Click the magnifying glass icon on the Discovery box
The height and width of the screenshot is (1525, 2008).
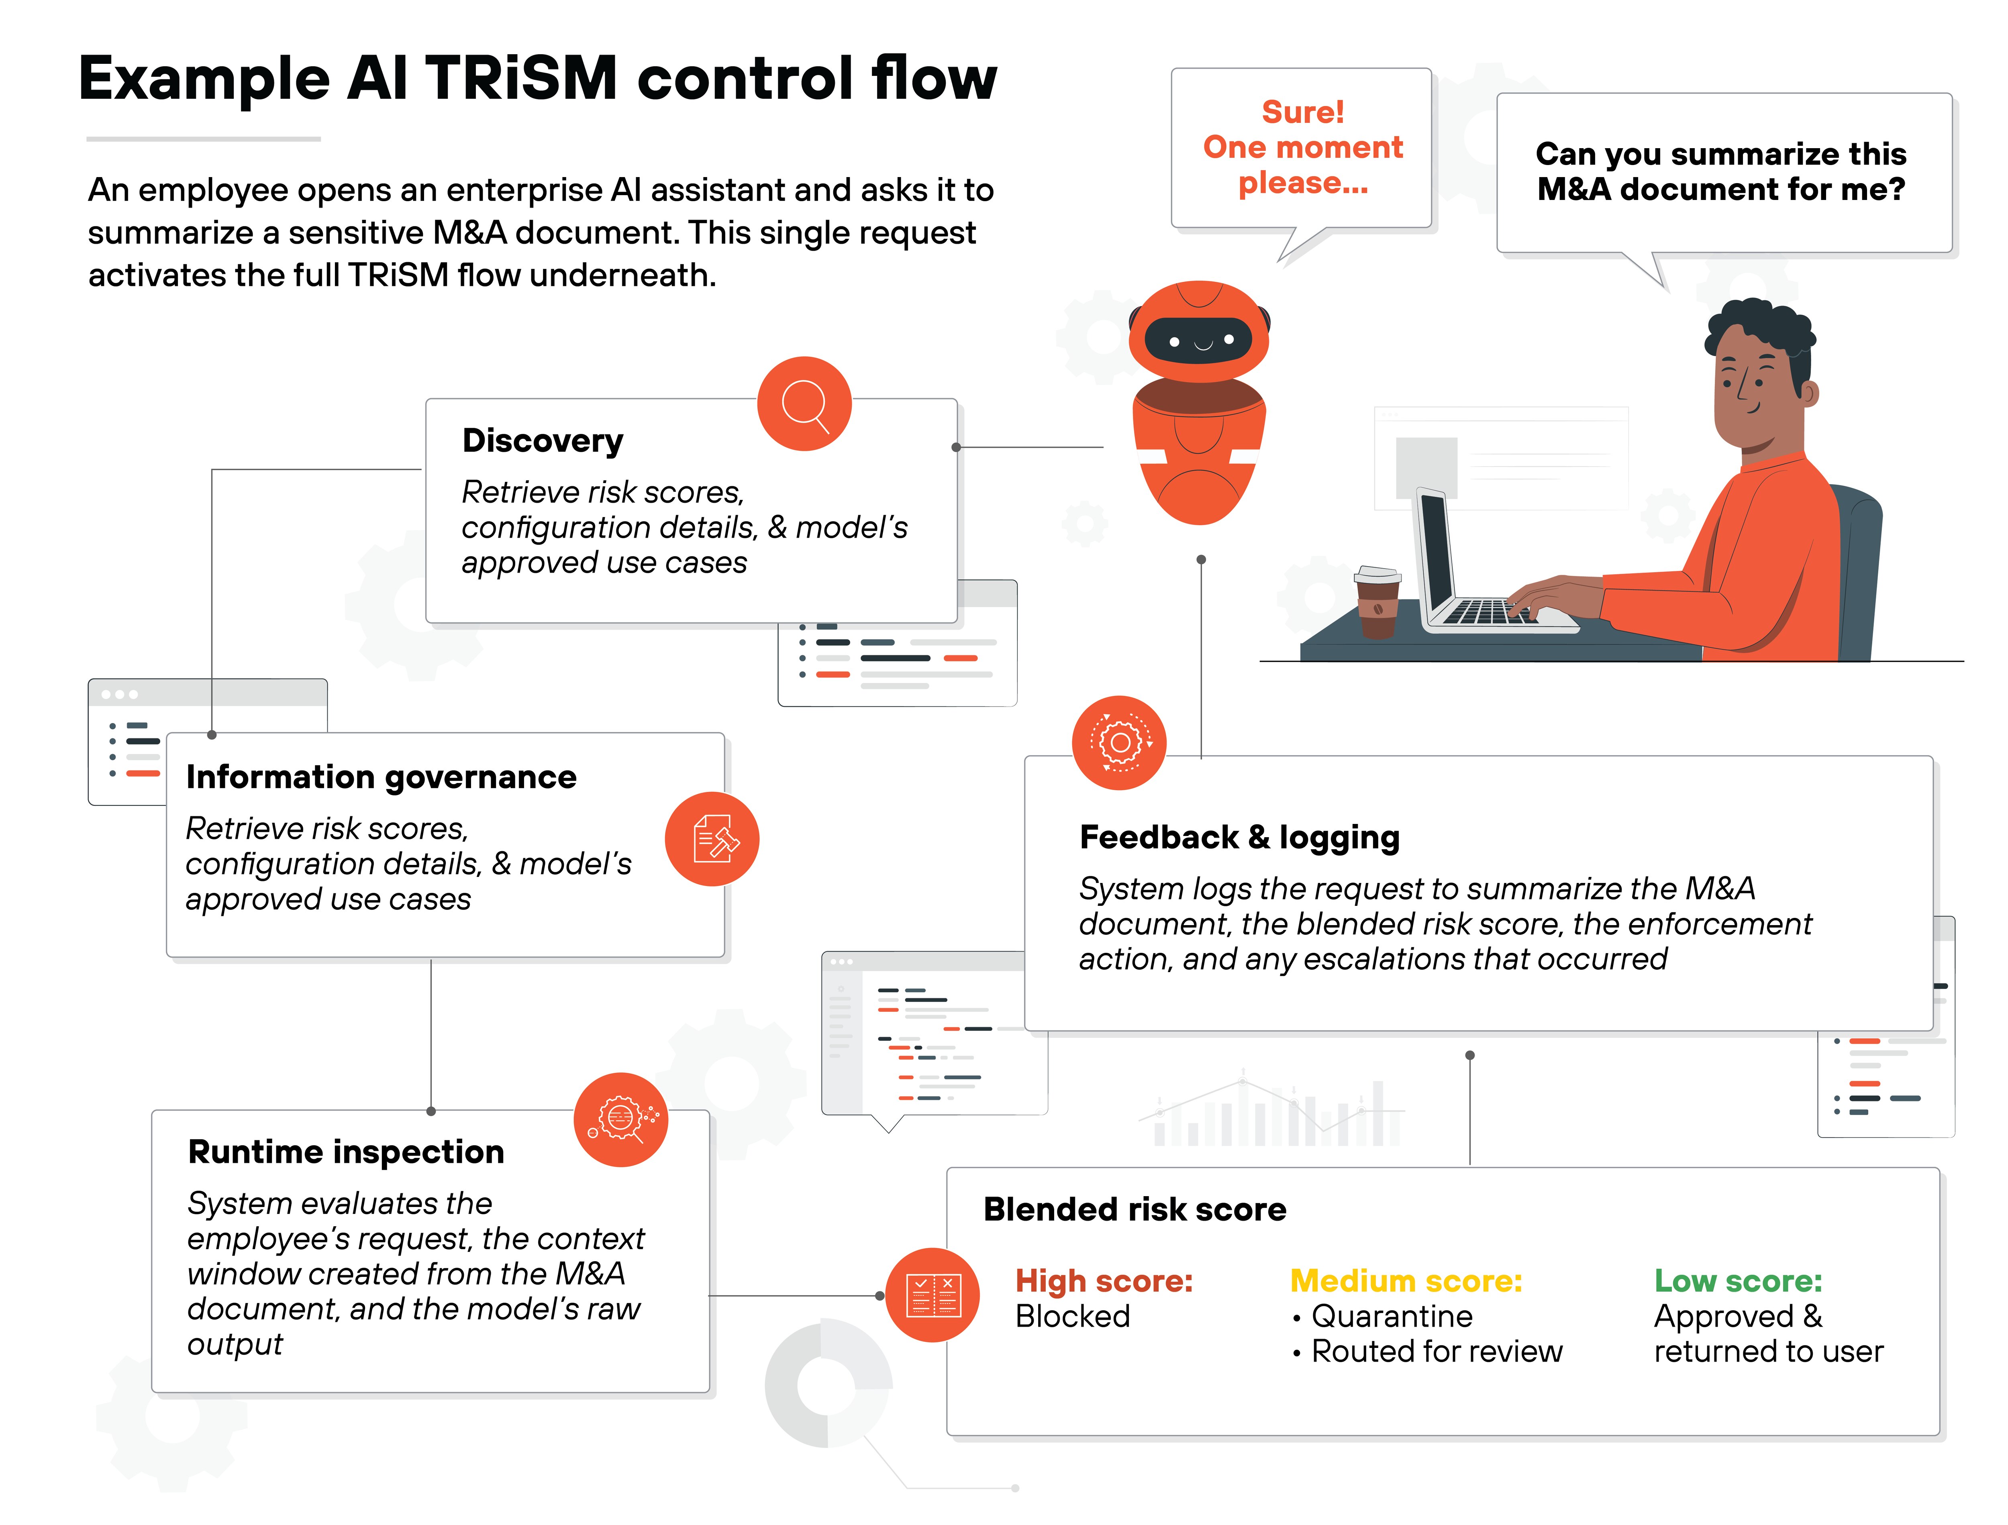click(804, 404)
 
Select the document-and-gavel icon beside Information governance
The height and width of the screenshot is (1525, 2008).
click(712, 839)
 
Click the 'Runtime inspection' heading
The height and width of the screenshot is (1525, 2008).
click(346, 1152)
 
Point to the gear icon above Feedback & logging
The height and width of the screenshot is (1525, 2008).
click(1119, 742)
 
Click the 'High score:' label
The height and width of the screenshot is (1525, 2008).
click(1103, 1281)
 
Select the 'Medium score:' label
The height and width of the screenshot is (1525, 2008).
click(1405, 1281)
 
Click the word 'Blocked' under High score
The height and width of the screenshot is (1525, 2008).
click(1072, 1316)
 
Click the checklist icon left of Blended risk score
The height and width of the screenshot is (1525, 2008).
click(932, 1295)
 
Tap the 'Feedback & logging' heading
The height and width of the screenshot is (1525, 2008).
click(1239, 837)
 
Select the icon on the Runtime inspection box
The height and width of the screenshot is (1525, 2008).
click(621, 1119)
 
